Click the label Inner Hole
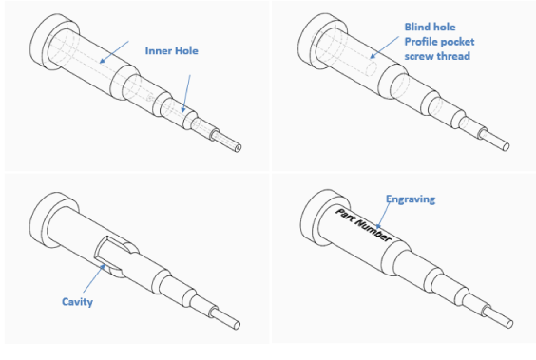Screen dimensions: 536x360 point(172,51)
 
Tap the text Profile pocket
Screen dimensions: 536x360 point(439,42)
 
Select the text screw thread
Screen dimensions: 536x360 point(437,56)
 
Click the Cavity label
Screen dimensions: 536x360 point(77,302)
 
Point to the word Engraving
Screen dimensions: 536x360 point(411,199)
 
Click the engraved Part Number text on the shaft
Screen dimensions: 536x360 point(363,225)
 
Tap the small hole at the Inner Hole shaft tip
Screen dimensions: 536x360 point(239,148)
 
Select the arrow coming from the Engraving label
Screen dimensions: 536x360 point(383,216)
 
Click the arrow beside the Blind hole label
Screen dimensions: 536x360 point(385,47)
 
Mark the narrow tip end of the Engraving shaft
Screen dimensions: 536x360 point(509,323)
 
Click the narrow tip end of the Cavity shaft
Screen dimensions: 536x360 point(237,325)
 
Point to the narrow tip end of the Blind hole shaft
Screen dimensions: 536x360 point(506,147)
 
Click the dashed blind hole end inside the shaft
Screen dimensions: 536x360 point(371,68)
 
